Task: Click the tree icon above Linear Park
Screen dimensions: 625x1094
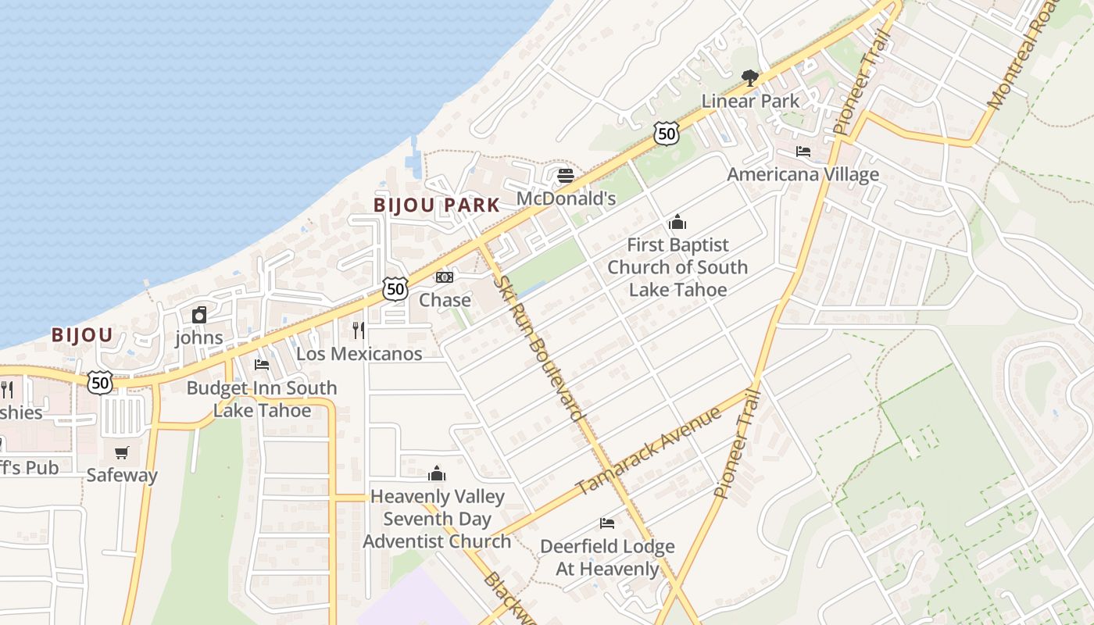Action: [x=750, y=77]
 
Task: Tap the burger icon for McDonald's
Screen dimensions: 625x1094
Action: [x=566, y=176]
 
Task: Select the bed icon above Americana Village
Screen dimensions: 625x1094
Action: [x=803, y=152]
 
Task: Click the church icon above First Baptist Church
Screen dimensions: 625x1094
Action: [x=677, y=222]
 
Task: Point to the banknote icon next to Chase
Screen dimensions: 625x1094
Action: [x=444, y=277]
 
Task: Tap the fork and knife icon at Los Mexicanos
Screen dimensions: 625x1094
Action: [x=359, y=330]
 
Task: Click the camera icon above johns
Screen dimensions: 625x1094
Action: [x=199, y=315]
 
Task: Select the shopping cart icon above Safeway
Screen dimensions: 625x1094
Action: [x=121, y=452]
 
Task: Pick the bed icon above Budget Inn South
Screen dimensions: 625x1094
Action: [x=262, y=365]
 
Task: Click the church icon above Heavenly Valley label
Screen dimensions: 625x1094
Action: [x=437, y=473]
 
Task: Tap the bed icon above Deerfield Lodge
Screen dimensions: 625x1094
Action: [x=607, y=523]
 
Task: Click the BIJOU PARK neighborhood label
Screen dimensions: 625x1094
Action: [x=436, y=205]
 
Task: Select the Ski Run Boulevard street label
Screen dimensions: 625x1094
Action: [x=538, y=348]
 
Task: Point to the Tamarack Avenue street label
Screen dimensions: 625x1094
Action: [x=648, y=451]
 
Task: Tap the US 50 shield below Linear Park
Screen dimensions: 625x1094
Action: [x=666, y=134]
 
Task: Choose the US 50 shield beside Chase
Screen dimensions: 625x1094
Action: [x=395, y=289]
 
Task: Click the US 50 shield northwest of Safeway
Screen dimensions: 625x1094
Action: [x=100, y=382]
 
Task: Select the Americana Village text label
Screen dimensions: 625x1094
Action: [x=803, y=174]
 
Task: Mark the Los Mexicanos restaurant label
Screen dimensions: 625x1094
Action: [x=359, y=353]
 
